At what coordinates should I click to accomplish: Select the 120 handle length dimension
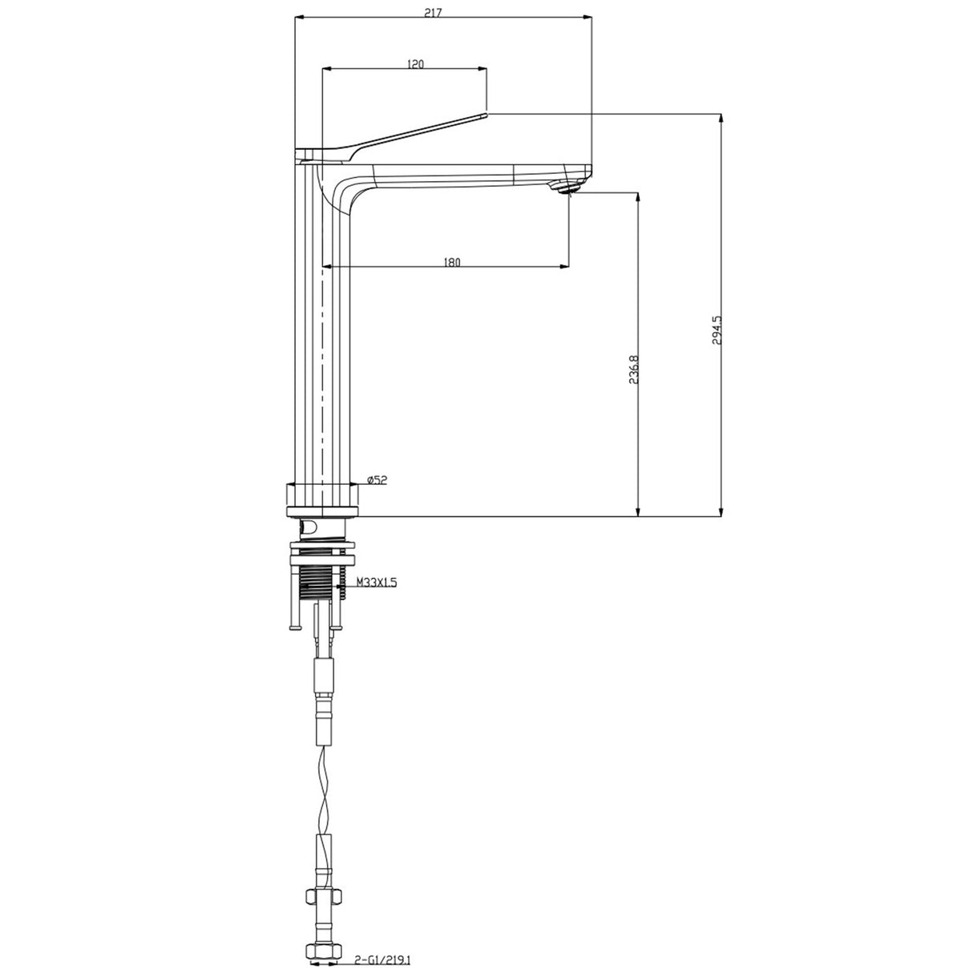coord(415,64)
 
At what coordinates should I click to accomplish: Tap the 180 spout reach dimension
coord(451,261)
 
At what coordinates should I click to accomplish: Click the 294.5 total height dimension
coord(717,329)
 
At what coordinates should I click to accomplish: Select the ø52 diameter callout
coord(376,479)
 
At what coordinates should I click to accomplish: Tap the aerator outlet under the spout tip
coord(568,188)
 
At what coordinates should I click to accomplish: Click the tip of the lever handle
coord(485,115)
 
